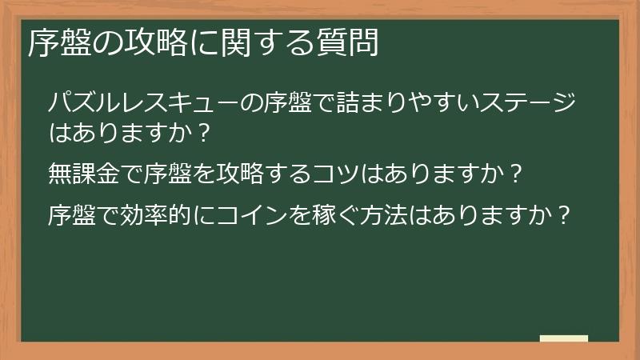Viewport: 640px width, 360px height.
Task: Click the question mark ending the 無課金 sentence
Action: click(x=516, y=172)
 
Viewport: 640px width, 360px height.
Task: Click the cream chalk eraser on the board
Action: click(x=564, y=339)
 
